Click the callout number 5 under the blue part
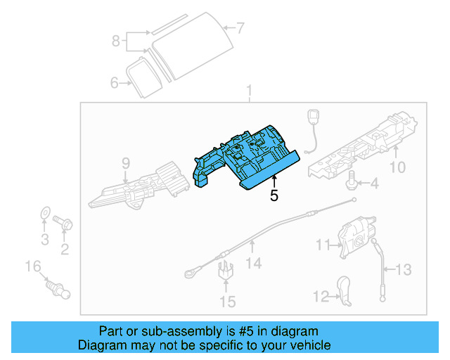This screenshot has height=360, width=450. pos(274,196)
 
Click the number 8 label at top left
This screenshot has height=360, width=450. pos(117,41)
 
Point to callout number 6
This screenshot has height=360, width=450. pos(115,83)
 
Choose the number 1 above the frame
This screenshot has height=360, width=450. pos(248,91)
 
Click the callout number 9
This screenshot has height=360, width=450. pos(126,164)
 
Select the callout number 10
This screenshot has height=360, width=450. pos(398,167)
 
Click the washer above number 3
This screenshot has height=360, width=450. pos(44,212)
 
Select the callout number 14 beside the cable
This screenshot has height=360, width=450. pos(253,263)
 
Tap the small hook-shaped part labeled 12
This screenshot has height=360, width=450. pos(345,290)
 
